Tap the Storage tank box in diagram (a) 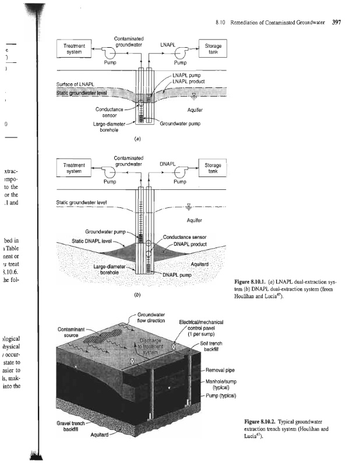pyautogui.click(x=214, y=49)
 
